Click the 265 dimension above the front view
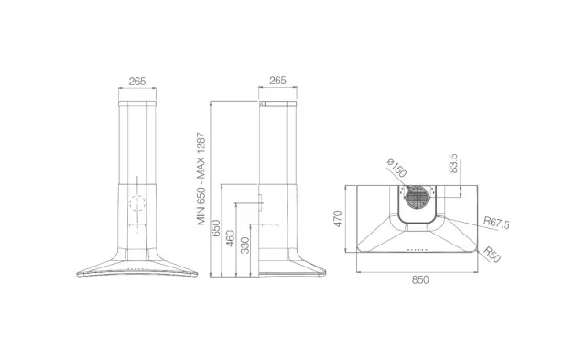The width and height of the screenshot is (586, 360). pos(137,82)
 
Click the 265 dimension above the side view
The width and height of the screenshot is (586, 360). pos(277,81)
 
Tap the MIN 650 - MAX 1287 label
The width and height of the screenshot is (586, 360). pos(201,179)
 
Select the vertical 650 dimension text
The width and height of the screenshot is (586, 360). pos(216,228)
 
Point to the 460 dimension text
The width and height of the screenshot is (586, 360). pos(230,238)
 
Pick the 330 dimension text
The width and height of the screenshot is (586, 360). pos(244,245)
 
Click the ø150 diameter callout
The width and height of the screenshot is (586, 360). pos(396,168)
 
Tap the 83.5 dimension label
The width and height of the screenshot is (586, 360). pos(453,163)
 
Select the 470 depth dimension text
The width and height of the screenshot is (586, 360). pos(338,219)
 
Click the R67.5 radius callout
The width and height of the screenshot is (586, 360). pos(496,223)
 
